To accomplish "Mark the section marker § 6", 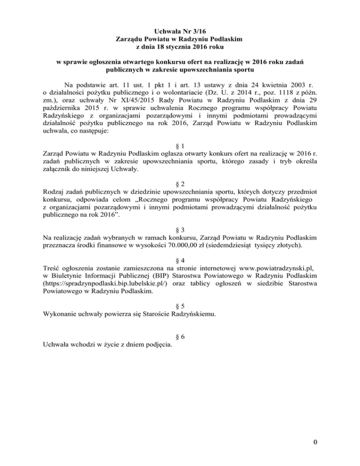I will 180,338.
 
